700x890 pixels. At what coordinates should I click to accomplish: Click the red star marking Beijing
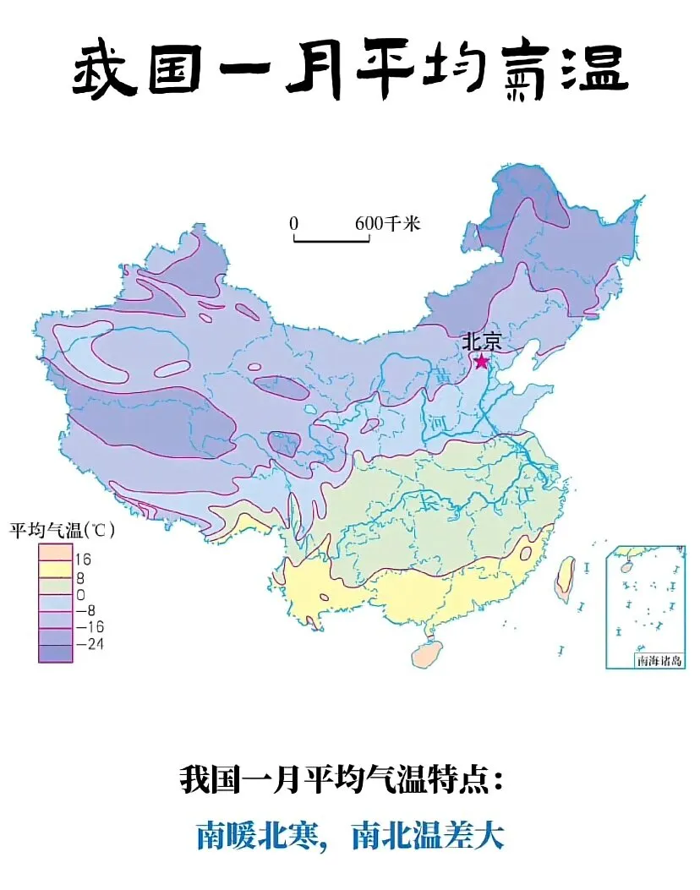pos(481,362)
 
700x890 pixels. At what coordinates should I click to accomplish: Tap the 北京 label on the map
pos(481,342)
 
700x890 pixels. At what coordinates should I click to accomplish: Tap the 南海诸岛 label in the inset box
pos(657,660)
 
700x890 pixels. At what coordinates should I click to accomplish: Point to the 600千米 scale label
pos(387,224)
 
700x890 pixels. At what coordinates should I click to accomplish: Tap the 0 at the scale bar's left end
pos(293,224)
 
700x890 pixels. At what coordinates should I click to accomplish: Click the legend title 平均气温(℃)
pos(61,532)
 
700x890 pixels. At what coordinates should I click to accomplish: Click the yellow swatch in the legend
pos(54,569)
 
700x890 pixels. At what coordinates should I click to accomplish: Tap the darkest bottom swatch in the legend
pos(54,652)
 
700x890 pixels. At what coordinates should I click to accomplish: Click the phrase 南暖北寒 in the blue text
pos(259,836)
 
